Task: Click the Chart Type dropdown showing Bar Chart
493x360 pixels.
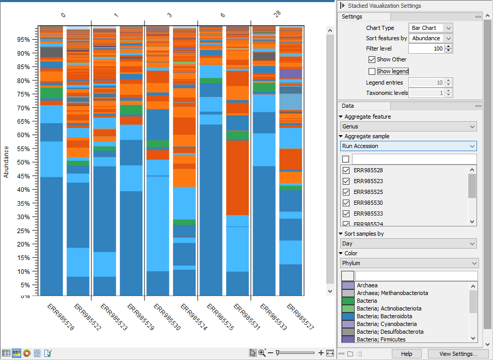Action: pos(430,28)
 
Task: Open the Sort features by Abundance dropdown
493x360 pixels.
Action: pos(430,38)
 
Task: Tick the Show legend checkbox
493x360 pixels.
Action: pos(372,71)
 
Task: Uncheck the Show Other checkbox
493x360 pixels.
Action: pos(372,59)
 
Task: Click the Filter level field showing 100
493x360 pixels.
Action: pos(426,48)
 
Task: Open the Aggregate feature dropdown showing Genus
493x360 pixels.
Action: pos(408,126)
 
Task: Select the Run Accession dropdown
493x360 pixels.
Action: pos(408,146)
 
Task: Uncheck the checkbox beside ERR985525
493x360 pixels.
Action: pos(346,192)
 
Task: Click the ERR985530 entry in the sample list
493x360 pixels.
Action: pos(368,203)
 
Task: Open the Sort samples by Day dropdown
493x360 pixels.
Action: pos(408,243)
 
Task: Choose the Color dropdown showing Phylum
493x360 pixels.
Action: pos(409,263)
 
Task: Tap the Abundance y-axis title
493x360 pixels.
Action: pos(6,161)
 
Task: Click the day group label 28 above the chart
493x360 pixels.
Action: pos(277,14)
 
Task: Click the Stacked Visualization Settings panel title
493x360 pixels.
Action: pos(384,6)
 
